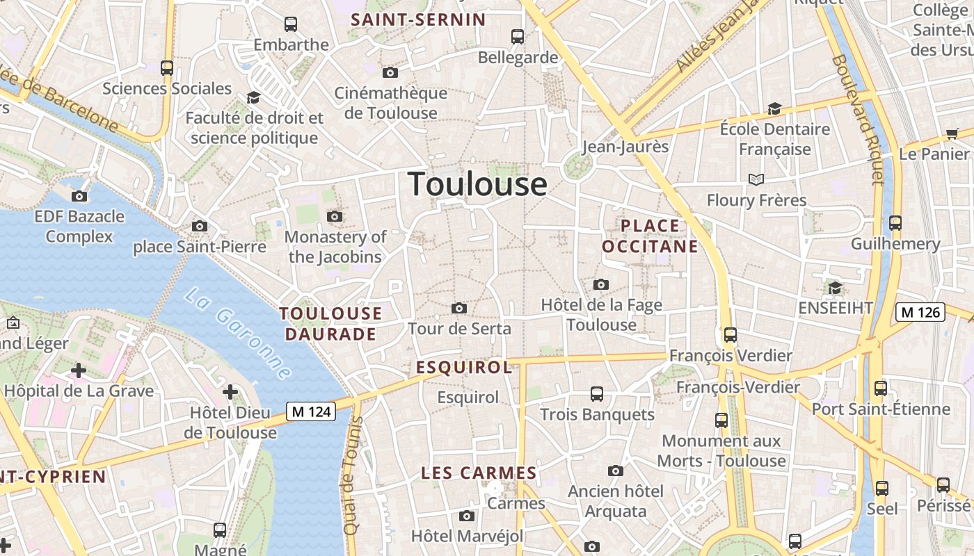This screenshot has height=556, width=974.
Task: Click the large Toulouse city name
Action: [x=477, y=184]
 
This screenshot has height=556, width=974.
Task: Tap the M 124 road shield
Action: [x=311, y=411]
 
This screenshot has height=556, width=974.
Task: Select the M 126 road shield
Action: [x=920, y=312]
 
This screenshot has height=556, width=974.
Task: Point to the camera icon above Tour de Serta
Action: [x=459, y=308]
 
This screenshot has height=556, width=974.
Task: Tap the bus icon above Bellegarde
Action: [x=517, y=37]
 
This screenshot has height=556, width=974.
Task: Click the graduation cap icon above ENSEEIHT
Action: [x=835, y=288]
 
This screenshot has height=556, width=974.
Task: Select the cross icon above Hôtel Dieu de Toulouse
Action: [x=230, y=393]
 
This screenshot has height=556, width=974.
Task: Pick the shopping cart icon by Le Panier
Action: [x=952, y=133]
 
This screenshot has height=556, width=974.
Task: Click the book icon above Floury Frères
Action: [x=756, y=180]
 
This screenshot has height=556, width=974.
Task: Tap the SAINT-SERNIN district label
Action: [x=418, y=19]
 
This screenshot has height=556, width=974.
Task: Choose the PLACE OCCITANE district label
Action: [x=650, y=236]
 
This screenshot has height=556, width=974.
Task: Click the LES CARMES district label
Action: [x=479, y=473]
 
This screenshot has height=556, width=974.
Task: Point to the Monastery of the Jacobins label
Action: [x=335, y=247]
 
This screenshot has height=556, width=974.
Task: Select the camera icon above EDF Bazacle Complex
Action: [x=79, y=196]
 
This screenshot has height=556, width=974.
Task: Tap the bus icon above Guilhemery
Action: [x=895, y=223]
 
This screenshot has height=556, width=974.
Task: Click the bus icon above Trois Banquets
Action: [x=596, y=394]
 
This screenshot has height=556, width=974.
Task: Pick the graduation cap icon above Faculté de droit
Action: [x=253, y=98]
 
